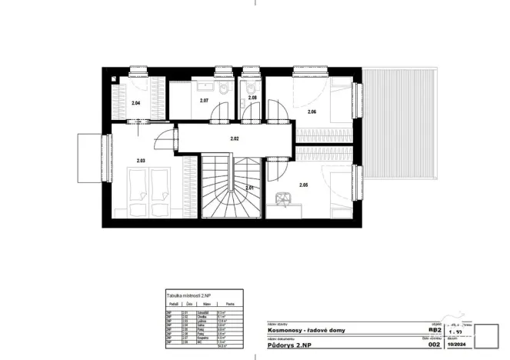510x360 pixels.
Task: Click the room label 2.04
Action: (x=135, y=102)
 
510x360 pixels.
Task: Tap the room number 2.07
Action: (x=204, y=101)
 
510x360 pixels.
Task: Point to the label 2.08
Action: (x=252, y=98)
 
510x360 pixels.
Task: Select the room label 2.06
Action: (x=312, y=112)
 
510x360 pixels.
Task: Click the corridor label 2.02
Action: (x=235, y=138)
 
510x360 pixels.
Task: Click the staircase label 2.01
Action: (x=249, y=188)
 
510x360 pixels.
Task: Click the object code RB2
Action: (x=435, y=329)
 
